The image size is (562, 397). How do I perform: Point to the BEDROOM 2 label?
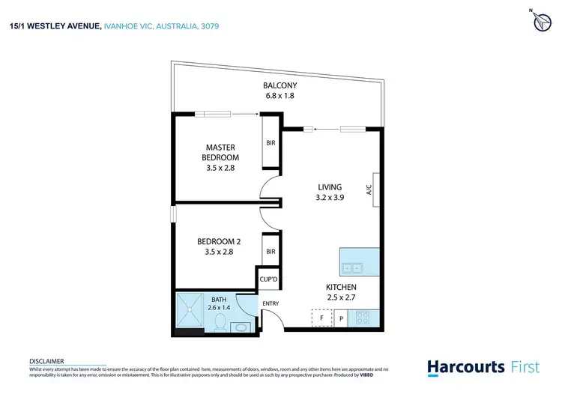click(x=219, y=246)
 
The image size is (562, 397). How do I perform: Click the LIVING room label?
click(x=330, y=193)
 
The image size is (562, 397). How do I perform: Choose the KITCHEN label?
click(x=340, y=292)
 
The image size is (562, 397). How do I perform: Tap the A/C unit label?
click(x=369, y=190)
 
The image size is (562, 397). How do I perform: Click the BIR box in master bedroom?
click(x=271, y=143)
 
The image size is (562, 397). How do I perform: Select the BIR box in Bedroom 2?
click(x=271, y=252)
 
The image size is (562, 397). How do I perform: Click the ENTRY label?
click(x=270, y=303)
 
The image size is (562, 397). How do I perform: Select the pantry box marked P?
click(x=341, y=318)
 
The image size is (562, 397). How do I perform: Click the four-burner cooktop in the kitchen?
click(x=362, y=318)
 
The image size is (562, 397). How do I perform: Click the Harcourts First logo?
click(x=477, y=367)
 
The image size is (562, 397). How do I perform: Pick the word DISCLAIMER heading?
click(x=46, y=360)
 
